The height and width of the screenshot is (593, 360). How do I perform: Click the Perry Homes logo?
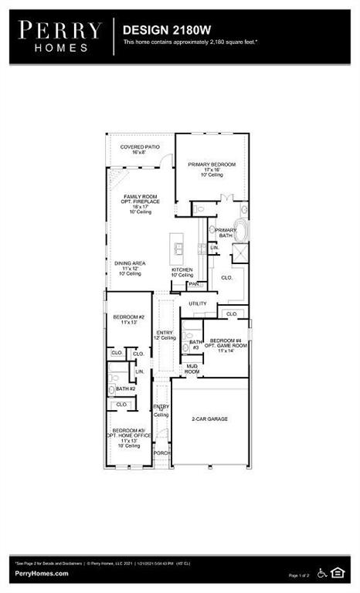61,36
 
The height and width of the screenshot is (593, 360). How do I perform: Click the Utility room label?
198,303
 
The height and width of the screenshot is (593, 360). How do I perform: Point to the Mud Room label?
192,370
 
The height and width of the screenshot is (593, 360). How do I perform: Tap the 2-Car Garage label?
209,418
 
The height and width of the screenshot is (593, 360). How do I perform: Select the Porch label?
161,452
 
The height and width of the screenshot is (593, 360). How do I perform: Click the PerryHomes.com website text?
39,574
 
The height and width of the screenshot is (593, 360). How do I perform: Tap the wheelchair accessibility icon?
322,572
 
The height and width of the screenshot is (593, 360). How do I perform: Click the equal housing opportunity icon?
338,572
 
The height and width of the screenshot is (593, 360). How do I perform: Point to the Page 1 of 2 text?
299,575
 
